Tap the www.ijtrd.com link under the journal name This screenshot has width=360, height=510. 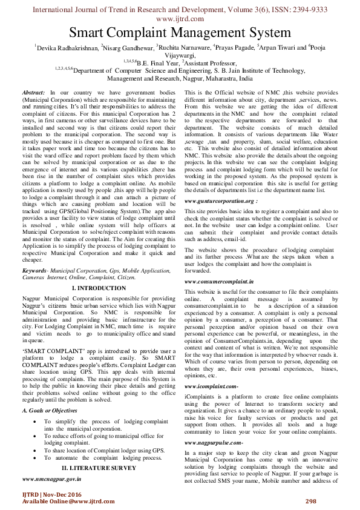(x=180, y=19)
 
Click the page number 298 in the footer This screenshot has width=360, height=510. (x=311, y=500)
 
